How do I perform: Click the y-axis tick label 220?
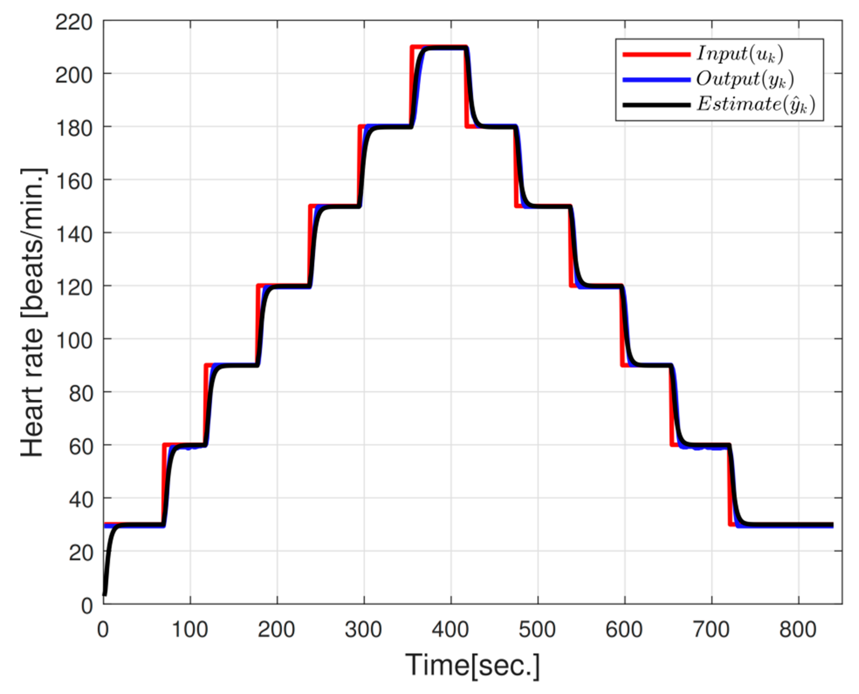point(74,22)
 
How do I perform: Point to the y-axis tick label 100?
point(74,340)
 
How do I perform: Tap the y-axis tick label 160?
point(74,182)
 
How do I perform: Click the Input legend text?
point(740,54)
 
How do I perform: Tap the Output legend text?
point(745,79)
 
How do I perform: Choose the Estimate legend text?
point(755,104)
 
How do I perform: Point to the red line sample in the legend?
point(656,54)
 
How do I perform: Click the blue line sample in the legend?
point(656,80)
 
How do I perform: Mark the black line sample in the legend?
point(656,105)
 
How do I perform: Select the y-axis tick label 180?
point(74,128)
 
